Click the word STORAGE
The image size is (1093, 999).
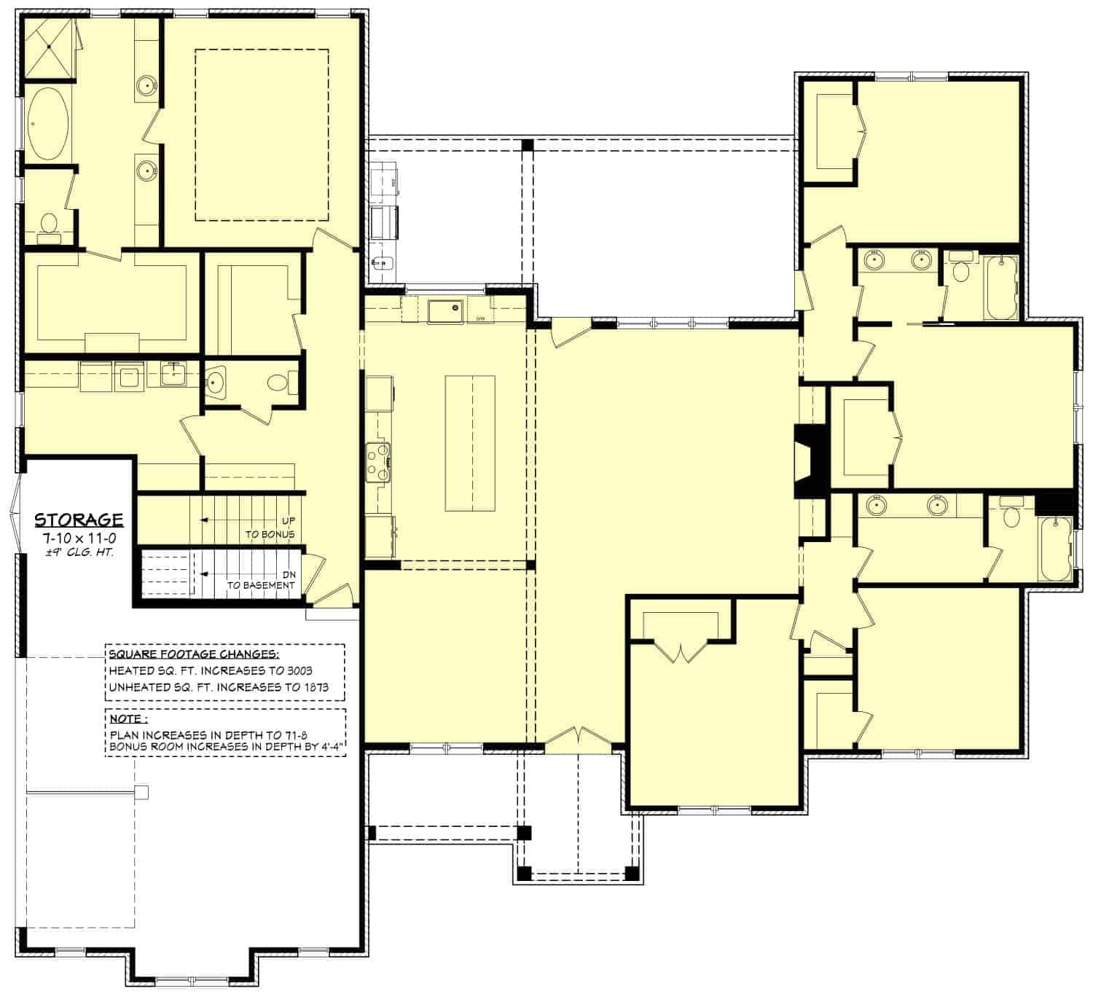click(x=79, y=520)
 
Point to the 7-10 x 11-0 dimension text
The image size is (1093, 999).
click(x=79, y=538)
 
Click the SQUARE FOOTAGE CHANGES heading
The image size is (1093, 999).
click(x=193, y=654)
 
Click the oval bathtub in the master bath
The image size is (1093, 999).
click(x=48, y=124)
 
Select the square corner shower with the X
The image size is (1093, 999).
click(x=49, y=47)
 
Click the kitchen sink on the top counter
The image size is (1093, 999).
click(x=445, y=311)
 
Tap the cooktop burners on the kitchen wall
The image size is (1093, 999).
click(x=379, y=462)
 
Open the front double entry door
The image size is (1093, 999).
click(x=579, y=739)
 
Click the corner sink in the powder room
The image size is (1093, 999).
click(x=216, y=381)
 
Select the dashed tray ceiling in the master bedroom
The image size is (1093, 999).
click(x=262, y=135)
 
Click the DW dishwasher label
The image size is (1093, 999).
click(x=480, y=319)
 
